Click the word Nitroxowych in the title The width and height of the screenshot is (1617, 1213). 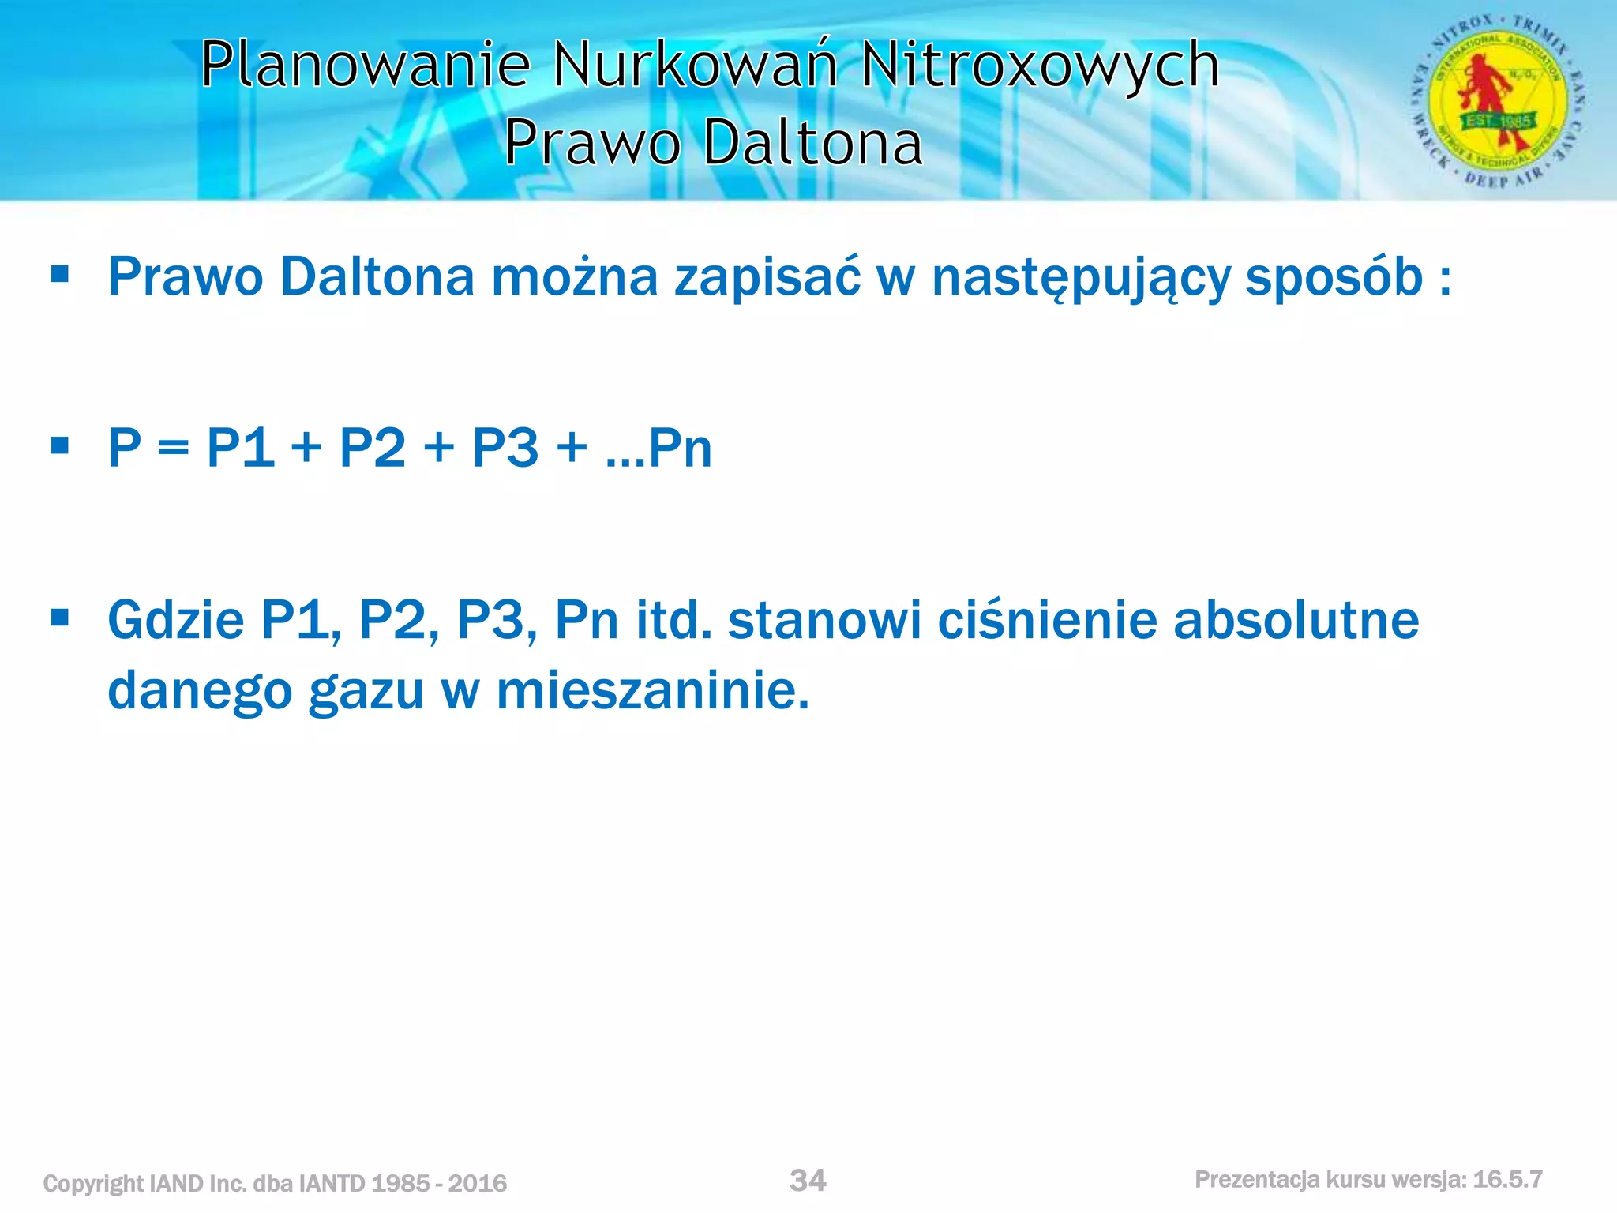tap(1040, 65)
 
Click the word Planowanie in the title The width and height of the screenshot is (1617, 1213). tap(365, 65)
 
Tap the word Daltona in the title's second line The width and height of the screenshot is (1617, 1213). tap(812, 144)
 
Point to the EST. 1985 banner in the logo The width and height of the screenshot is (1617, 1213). tap(1498, 122)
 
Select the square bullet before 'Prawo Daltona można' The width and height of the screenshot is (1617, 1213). tap(59, 274)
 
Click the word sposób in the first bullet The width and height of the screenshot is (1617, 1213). tap(1334, 277)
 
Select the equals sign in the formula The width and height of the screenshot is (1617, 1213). tap(173, 449)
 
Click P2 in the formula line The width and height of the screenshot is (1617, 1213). tap(373, 448)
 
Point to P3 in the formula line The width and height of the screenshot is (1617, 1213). tap(505, 448)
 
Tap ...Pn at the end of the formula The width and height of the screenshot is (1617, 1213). tap(659, 448)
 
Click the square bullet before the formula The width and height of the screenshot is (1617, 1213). tap(59, 445)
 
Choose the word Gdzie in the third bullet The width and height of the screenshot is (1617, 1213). tap(176, 620)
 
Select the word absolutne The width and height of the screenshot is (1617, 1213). tap(1296, 620)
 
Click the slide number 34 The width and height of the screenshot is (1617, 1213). tap(808, 1181)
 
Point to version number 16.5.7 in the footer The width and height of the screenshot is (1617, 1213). tap(1507, 1180)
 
